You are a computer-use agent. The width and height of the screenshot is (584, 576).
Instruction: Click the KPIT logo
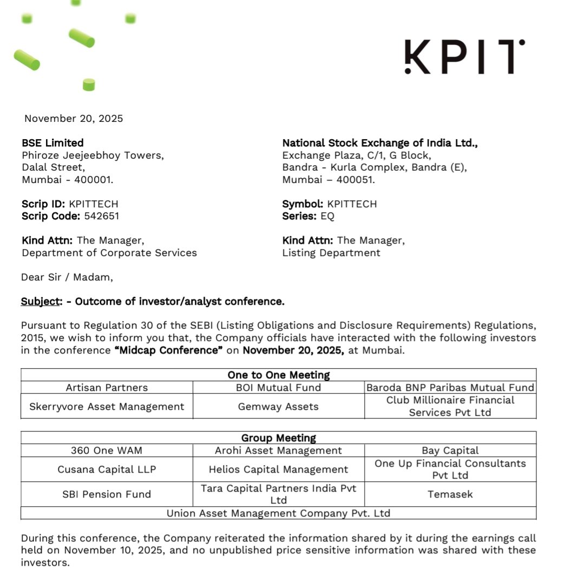pyautogui.click(x=464, y=57)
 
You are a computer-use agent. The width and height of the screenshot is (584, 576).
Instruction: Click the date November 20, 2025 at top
pyautogui.click(x=74, y=119)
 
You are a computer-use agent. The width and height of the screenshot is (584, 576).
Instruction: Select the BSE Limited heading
pyautogui.click(x=53, y=143)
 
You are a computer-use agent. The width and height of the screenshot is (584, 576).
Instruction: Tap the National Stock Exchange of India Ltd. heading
pyautogui.click(x=380, y=143)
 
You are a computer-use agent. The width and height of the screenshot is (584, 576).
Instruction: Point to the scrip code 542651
pyautogui.click(x=101, y=216)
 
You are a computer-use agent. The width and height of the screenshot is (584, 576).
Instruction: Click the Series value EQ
pyautogui.click(x=327, y=216)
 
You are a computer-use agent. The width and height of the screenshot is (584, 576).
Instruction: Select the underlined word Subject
pyautogui.click(x=39, y=302)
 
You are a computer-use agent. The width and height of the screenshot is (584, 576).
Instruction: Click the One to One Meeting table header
pyautogui.click(x=278, y=375)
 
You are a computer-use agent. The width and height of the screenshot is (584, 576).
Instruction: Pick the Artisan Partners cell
pyautogui.click(x=107, y=388)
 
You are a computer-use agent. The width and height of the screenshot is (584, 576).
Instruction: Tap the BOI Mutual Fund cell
pyautogui.click(x=278, y=388)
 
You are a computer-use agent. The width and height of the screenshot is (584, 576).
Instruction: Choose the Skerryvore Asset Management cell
pyautogui.click(x=107, y=407)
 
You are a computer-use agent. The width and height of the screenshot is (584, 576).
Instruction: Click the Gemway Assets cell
pyautogui.click(x=278, y=407)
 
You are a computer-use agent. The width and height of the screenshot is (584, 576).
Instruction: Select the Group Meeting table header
pyautogui.click(x=278, y=438)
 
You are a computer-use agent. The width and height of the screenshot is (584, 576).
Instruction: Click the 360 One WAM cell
pyautogui.click(x=107, y=450)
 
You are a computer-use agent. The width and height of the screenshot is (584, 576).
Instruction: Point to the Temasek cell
pyautogui.click(x=450, y=494)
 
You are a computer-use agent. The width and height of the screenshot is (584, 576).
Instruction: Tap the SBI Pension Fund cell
pyautogui.click(x=107, y=494)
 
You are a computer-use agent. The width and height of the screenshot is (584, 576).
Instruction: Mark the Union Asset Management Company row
pyautogui.click(x=278, y=513)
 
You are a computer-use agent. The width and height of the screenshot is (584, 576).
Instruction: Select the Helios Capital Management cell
pyautogui.click(x=278, y=469)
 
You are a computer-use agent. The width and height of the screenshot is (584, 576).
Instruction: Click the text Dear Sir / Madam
pyautogui.click(x=67, y=277)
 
